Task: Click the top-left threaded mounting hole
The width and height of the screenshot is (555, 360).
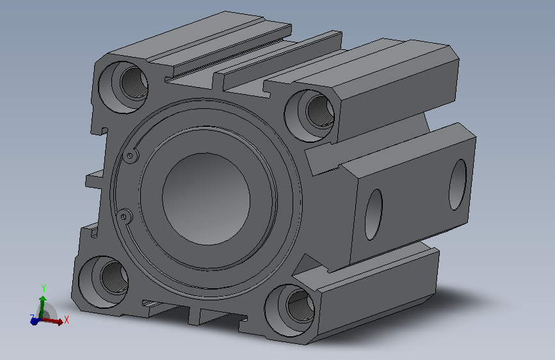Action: (123, 87)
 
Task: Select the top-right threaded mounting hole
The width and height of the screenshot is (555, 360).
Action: (309, 115)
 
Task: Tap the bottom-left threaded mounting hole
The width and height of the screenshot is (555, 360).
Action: (103, 282)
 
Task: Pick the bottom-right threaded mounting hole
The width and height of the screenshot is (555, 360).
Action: (289, 310)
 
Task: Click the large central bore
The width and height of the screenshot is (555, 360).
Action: (206, 199)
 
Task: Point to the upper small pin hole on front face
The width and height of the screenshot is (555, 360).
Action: (130, 156)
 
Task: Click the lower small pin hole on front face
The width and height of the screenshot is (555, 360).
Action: (124, 216)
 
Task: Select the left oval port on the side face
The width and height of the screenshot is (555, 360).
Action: (374, 215)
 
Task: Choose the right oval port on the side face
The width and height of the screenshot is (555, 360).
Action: (458, 184)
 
